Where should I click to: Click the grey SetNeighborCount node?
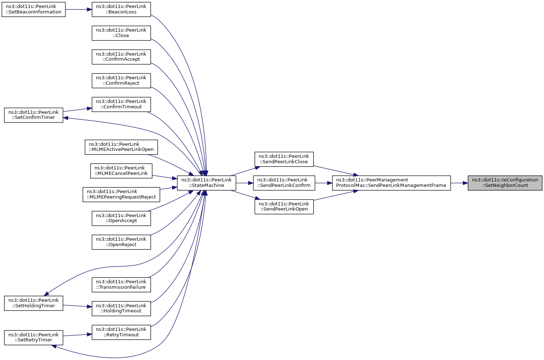pyautogui.click(x=505, y=183)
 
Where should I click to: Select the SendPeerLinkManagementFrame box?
pyautogui.click(x=391, y=183)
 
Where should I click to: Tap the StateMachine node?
pyautogui.click(x=206, y=183)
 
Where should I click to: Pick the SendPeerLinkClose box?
pyautogui.click(x=284, y=159)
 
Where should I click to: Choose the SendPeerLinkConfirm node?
pyautogui.click(x=284, y=183)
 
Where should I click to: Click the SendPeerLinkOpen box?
pyautogui.click(x=284, y=207)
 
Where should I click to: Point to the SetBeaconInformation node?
pyautogui.click(x=33, y=9)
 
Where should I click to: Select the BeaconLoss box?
pyautogui.click(x=121, y=9)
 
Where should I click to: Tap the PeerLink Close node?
pyautogui.click(x=121, y=33)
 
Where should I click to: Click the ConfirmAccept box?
pyautogui.click(x=121, y=57)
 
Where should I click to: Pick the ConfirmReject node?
pyautogui.click(x=121, y=81)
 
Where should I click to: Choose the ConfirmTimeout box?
pyautogui.click(x=121, y=104)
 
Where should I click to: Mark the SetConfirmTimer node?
pyautogui.click(x=33, y=115)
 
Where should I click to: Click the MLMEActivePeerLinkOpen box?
pyautogui.click(x=121, y=147)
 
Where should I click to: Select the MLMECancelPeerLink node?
pyautogui.click(x=121, y=171)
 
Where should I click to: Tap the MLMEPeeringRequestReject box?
pyautogui.click(x=121, y=195)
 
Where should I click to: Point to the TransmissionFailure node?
pyautogui.click(x=121, y=285)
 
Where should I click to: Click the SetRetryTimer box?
pyautogui.click(x=33, y=338)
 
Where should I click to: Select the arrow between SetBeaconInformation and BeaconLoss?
pyautogui.click(x=79, y=9)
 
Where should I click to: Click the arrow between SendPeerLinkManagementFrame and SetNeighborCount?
pyautogui.click(x=459, y=183)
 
